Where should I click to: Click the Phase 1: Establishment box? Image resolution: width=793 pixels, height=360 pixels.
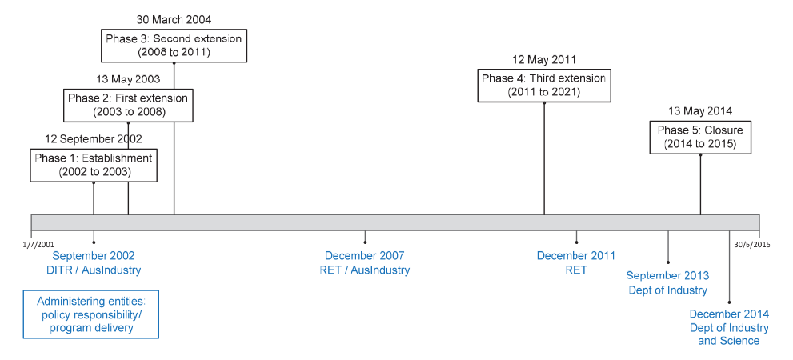[x=94, y=165]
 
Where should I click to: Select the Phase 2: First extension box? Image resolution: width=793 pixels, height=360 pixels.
[x=128, y=105]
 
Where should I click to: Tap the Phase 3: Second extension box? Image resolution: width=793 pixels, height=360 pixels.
[x=174, y=46]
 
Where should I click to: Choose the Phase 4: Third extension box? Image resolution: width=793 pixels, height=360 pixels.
[x=543, y=86]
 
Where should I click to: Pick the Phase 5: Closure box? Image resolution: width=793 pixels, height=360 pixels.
[x=700, y=137]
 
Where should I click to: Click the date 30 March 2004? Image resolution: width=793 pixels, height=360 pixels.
[x=174, y=20]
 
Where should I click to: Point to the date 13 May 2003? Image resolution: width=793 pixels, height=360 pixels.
[x=128, y=79]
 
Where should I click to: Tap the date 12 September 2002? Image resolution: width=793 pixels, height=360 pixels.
[x=94, y=139]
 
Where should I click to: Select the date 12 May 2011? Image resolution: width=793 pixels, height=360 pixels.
[x=543, y=60]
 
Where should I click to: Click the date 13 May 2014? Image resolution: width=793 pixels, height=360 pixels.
[x=700, y=111]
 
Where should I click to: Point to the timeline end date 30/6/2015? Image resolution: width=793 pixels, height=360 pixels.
[x=752, y=244]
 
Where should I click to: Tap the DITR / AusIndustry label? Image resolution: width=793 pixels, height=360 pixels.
[x=94, y=270]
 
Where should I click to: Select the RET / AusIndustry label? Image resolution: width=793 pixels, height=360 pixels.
[x=365, y=270]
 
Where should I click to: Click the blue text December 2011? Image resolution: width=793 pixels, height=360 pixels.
[x=576, y=256]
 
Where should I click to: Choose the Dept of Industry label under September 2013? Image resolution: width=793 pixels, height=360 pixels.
[x=667, y=290]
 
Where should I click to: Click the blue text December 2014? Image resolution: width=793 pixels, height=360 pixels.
[x=729, y=314]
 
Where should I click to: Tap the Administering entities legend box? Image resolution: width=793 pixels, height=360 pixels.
[x=91, y=314]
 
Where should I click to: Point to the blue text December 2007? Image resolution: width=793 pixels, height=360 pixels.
[x=365, y=256]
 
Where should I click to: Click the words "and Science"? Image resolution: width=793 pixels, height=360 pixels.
[x=729, y=341]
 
